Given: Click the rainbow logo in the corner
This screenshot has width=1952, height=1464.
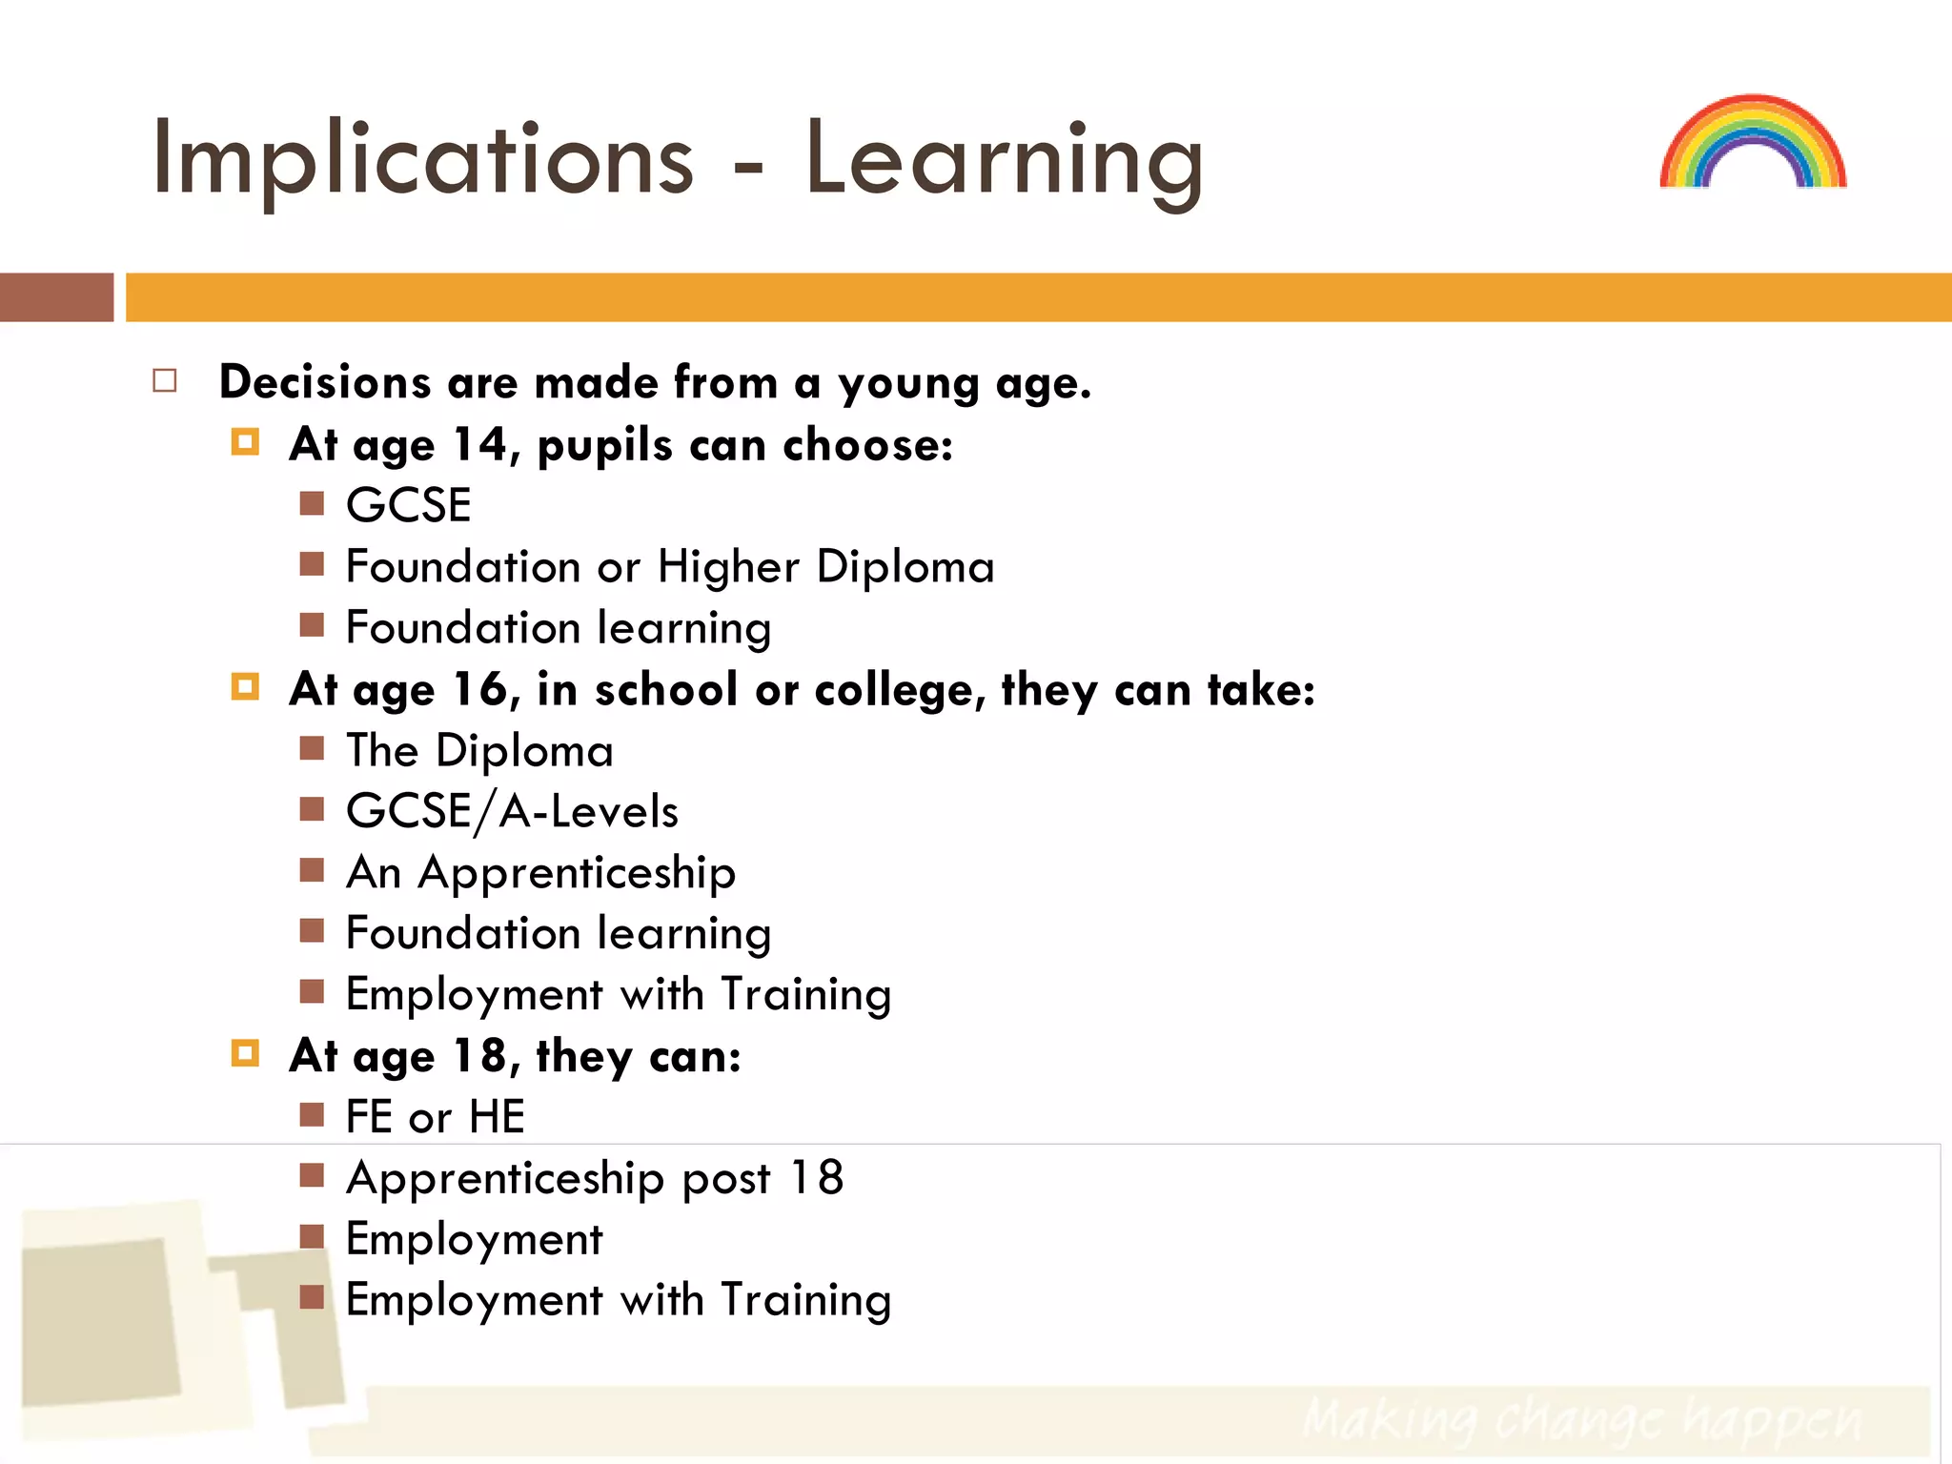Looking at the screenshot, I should [x=1752, y=143].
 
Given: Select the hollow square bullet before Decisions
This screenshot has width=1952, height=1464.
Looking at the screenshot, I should [x=165, y=381].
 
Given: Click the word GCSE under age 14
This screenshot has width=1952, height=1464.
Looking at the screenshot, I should [x=408, y=505].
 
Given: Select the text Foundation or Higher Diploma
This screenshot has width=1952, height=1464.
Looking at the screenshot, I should [x=669, y=567].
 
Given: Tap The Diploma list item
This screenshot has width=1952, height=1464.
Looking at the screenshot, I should [x=478, y=751].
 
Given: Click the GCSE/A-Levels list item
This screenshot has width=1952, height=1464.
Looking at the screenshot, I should [x=512, y=812].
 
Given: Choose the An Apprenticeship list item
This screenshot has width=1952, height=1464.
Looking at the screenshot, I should [x=540, y=873].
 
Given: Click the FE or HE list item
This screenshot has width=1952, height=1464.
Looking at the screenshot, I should [x=435, y=1117].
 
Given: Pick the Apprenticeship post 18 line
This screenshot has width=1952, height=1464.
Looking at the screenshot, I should [x=595, y=1178].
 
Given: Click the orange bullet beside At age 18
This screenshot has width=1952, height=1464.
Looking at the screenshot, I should [x=245, y=1053].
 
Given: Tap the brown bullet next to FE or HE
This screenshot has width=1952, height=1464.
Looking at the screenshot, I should [x=312, y=1114].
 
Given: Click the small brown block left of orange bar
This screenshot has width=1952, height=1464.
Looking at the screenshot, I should [x=56, y=297].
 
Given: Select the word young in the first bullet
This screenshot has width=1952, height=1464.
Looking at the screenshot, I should [x=908, y=383].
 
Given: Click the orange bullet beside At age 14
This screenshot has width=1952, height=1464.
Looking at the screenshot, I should [x=245, y=442].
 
